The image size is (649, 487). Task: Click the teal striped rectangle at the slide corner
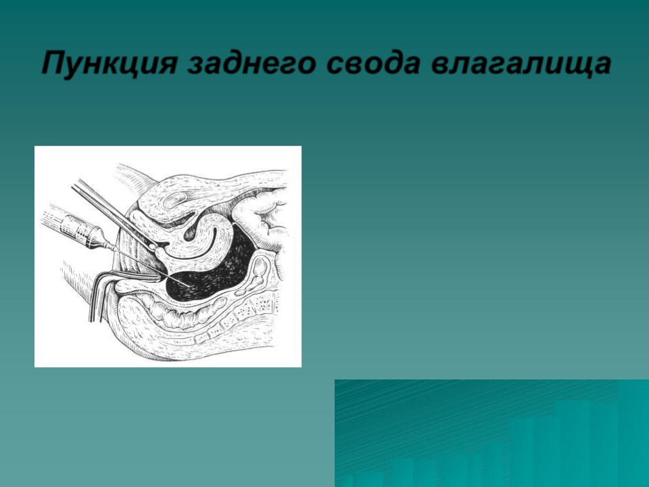491,433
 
